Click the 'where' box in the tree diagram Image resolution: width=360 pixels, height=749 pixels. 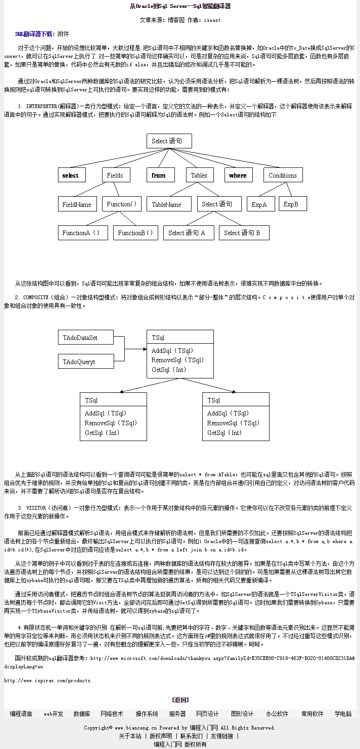click(x=238, y=175)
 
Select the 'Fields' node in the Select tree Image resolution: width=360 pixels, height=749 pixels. click(x=116, y=175)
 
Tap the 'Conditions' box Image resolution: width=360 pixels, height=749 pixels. click(x=283, y=175)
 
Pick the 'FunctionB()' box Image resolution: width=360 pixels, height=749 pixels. click(x=136, y=233)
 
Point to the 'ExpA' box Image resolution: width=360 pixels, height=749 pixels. click(x=260, y=204)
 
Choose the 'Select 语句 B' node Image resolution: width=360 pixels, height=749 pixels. click(x=243, y=233)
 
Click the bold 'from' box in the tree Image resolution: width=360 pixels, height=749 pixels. click(x=159, y=175)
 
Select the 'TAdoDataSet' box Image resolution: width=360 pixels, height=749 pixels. click(x=85, y=338)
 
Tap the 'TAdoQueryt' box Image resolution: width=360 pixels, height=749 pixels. click(x=85, y=362)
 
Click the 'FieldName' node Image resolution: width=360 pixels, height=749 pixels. click(x=77, y=204)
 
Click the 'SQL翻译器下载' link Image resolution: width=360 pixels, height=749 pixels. click(x=33, y=34)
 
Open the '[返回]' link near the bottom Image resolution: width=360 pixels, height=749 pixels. click(x=180, y=700)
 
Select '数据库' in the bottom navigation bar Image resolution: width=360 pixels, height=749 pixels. click(x=82, y=714)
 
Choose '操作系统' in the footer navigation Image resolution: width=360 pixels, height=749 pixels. click(x=147, y=714)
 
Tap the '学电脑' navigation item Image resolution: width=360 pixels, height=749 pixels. click(x=343, y=714)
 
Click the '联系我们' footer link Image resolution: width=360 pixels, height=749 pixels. click(x=191, y=736)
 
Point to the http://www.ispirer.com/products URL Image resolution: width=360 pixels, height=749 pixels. click(x=47, y=680)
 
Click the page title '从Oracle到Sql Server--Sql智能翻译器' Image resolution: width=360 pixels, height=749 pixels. click(x=180, y=6)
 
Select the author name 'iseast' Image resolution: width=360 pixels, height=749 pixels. click(x=212, y=20)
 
